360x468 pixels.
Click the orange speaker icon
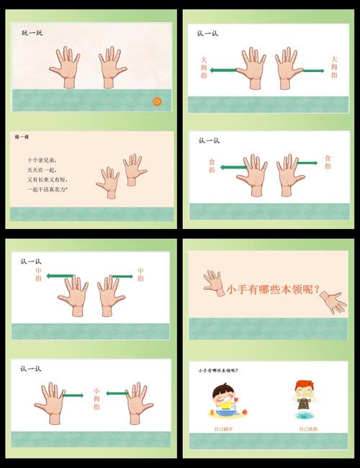click(156, 102)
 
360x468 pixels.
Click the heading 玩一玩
click(32, 33)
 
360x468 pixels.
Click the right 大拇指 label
click(333, 67)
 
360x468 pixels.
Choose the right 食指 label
click(328, 161)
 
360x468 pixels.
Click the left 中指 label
click(38, 274)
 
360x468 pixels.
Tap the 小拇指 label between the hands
click(96, 398)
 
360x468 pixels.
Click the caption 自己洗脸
click(308, 429)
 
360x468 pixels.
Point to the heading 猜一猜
click(22, 136)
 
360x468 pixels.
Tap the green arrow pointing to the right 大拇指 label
click(311, 71)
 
